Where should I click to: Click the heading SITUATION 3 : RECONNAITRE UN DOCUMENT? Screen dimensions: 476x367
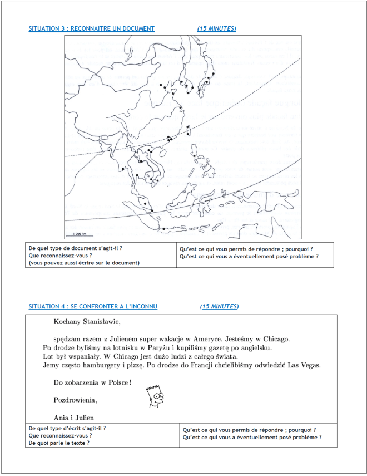pyautogui.click(x=91, y=28)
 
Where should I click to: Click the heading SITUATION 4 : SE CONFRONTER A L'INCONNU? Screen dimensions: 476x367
pyautogui.click(x=93, y=306)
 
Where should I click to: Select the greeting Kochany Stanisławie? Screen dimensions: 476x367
pyautogui.click(x=87, y=321)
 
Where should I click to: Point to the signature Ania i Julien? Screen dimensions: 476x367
pyautogui.click(x=74, y=418)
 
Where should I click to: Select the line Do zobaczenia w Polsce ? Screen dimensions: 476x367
pyautogui.click(x=92, y=382)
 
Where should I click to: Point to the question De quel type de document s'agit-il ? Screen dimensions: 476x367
pyautogui.click(x=75, y=248)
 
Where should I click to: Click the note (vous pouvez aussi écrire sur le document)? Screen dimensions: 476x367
pyautogui.click(x=84, y=263)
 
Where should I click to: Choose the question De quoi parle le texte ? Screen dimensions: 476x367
pyautogui.click(x=59, y=443)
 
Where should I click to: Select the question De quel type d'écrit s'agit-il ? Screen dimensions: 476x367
pyautogui.click(x=67, y=428)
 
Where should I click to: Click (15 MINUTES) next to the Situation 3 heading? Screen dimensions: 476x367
pyautogui.click(x=216, y=28)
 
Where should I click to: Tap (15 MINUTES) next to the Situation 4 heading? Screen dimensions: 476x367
pyautogui.click(x=219, y=306)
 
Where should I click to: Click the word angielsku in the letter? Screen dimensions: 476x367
pyautogui.click(x=255, y=347)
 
